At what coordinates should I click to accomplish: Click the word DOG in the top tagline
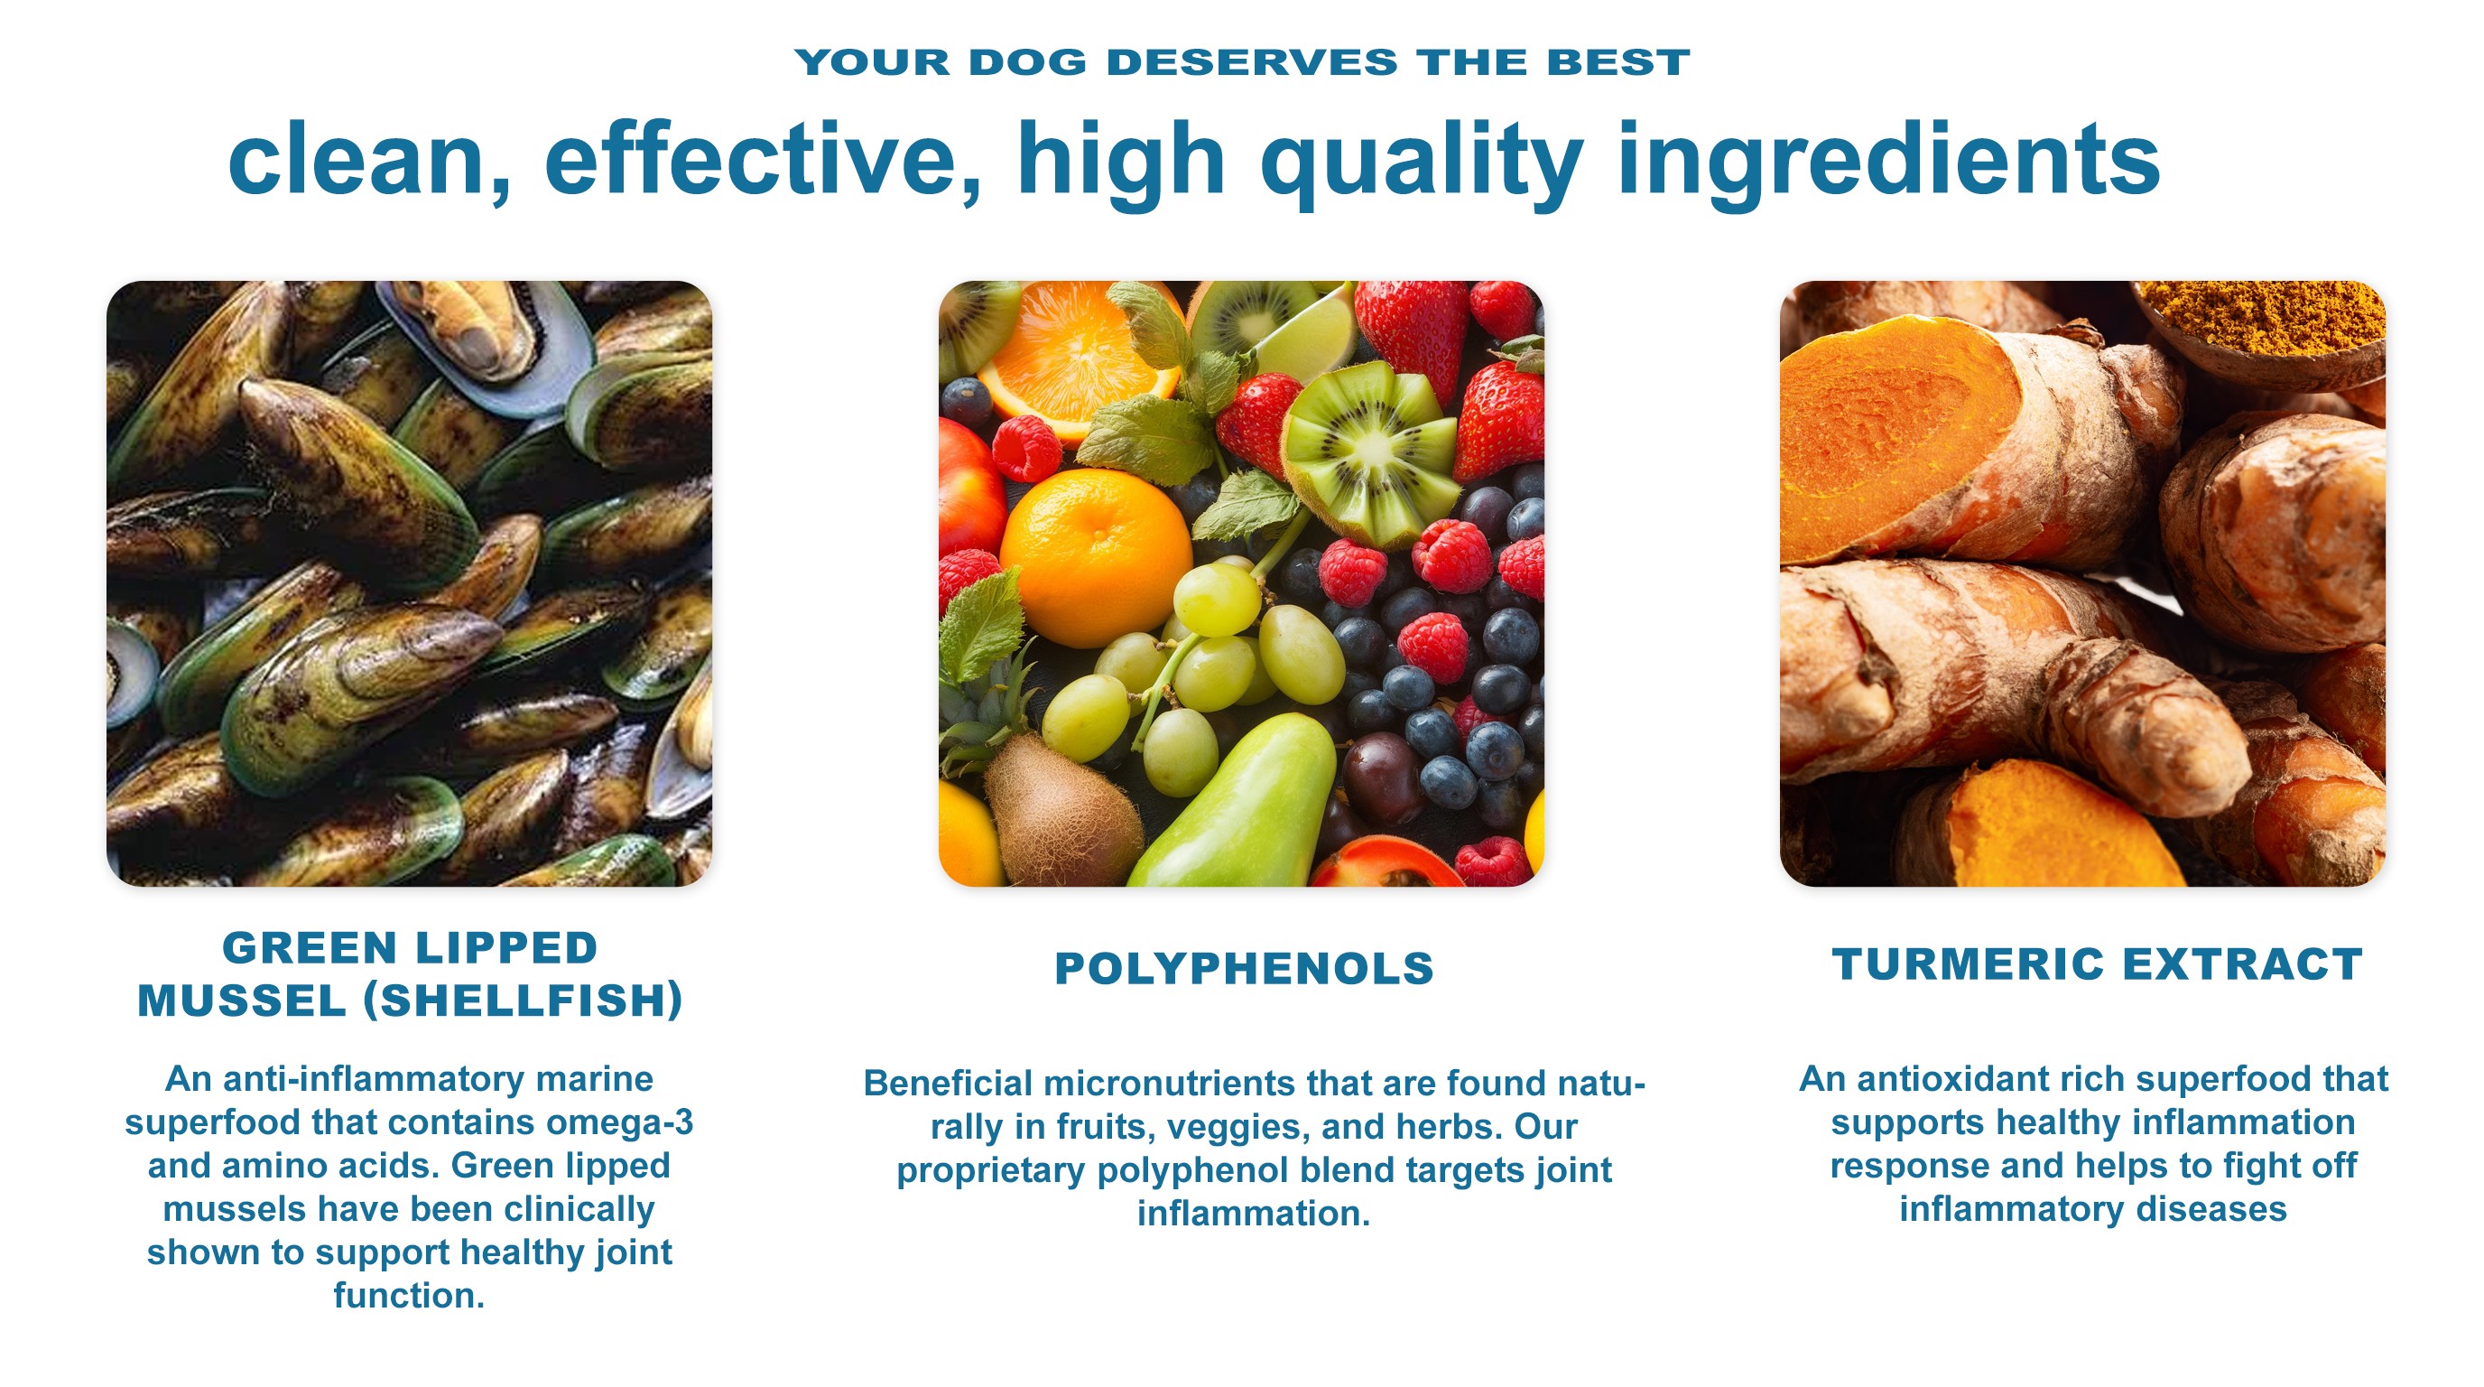click(x=1028, y=62)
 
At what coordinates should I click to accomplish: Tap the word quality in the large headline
click(x=1423, y=162)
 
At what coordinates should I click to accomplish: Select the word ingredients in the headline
click(x=1889, y=162)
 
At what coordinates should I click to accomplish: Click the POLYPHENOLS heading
click(x=1244, y=968)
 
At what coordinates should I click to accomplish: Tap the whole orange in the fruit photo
click(x=1096, y=556)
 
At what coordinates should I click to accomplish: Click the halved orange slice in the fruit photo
click(x=1077, y=358)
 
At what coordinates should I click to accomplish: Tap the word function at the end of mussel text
click(x=409, y=1296)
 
